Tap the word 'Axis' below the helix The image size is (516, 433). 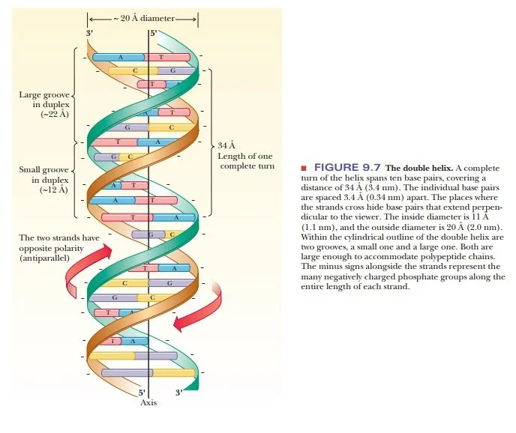[148, 403]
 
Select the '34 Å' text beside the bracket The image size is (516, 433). [226, 145]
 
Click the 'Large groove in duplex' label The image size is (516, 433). [44, 100]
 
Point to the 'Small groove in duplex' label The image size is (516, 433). [44, 175]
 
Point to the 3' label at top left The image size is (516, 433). [90, 34]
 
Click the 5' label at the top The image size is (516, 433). [154, 34]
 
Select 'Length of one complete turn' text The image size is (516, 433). [246, 160]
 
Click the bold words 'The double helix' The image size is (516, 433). [415, 168]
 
